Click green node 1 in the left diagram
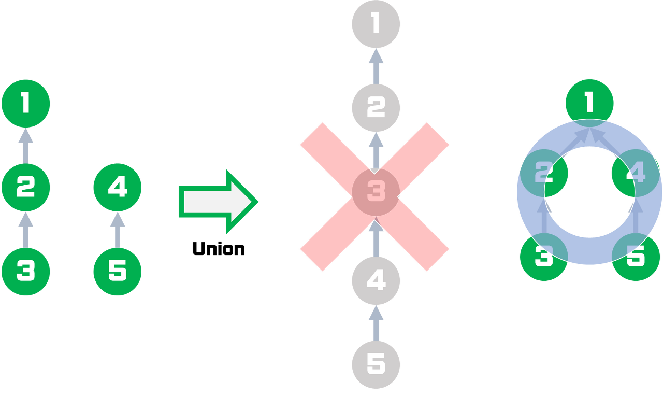(x=25, y=104)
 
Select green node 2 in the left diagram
(x=25, y=187)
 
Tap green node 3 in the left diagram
(x=25, y=271)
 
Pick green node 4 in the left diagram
(x=117, y=187)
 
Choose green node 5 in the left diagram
(x=117, y=271)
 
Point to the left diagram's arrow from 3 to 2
(x=25, y=229)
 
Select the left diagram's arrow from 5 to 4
(x=117, y=229)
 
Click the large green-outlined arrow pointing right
(x=218, y=201)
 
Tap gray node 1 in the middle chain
(x=376, y=24)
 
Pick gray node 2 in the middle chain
(x=376, y=107)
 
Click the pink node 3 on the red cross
(x=376, y=192)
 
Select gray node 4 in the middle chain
(x=376, y=280)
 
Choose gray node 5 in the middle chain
(x=376, y=364)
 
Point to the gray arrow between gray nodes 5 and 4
(x=376, y=322)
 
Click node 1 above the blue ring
(x=589, y=103)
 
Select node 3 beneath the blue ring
(x=543, y=257)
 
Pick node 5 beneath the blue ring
(x=636, y=257)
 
